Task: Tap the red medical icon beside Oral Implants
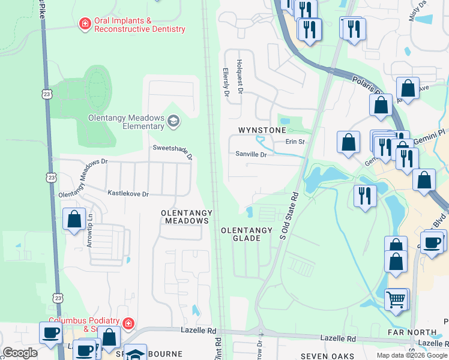[85, 24]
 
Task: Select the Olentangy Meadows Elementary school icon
[173, 122]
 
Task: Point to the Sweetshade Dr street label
[173, 152]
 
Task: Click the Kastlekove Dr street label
[128, 193]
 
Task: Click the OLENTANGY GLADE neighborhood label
[246, 234]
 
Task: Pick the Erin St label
[295, 142]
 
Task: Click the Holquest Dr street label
[239, 77]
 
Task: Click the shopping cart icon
[396, 299]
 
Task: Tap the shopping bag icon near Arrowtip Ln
[74, 219]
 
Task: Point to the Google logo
[19, 353]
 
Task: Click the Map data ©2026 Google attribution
[412, 355]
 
